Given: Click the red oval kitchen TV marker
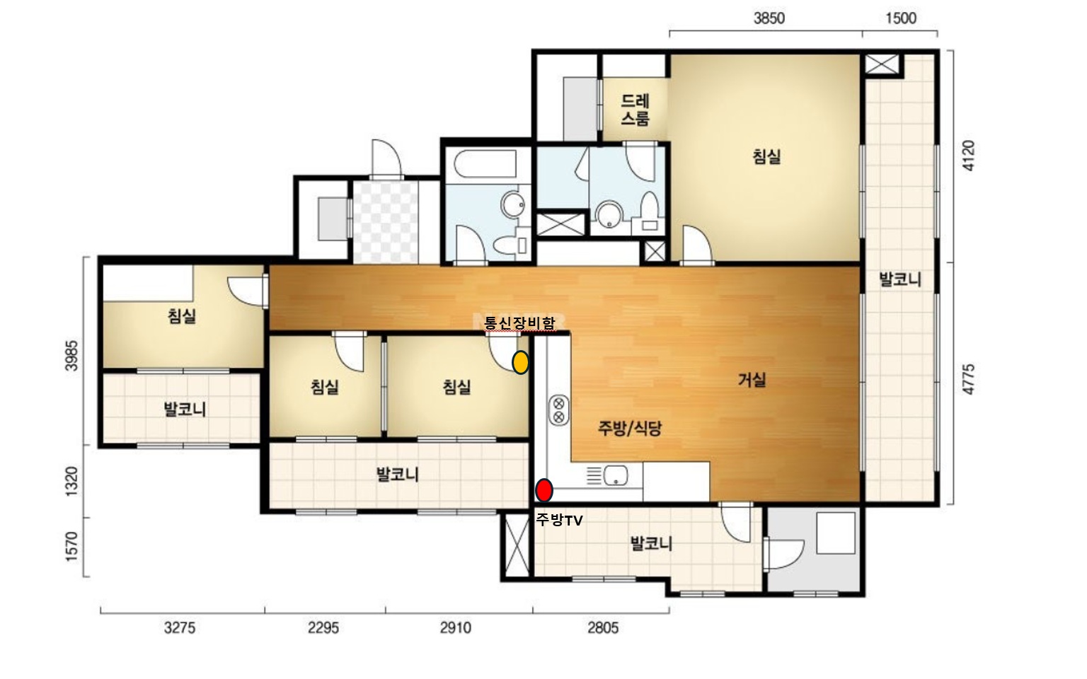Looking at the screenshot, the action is coord(544,490).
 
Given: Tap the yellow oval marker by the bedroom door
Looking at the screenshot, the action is coord(520,362).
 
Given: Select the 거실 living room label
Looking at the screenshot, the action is coord(752,379).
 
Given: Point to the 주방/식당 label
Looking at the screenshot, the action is coord(629,428).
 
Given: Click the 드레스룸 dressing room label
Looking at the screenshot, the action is coord(635,110).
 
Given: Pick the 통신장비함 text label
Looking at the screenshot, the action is coord(519,323).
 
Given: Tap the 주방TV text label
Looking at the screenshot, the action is coord(559,521).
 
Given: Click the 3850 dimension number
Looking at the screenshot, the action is coord(769,18).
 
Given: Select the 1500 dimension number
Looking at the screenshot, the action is coord(901,18).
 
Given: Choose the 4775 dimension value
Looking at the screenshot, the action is coord(967,379).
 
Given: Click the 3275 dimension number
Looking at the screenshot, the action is coord(180,628).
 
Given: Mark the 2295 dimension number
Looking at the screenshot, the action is coord(323,628).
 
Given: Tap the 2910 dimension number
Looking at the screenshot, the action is coord(455,628).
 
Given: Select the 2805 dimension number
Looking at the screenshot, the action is coord(603,628).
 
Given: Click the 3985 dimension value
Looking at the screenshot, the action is coord(71,356).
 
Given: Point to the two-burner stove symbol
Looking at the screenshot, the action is coord(559,410).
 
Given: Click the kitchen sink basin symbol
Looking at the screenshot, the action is coord(615,475).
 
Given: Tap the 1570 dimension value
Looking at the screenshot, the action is coord(71,547).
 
